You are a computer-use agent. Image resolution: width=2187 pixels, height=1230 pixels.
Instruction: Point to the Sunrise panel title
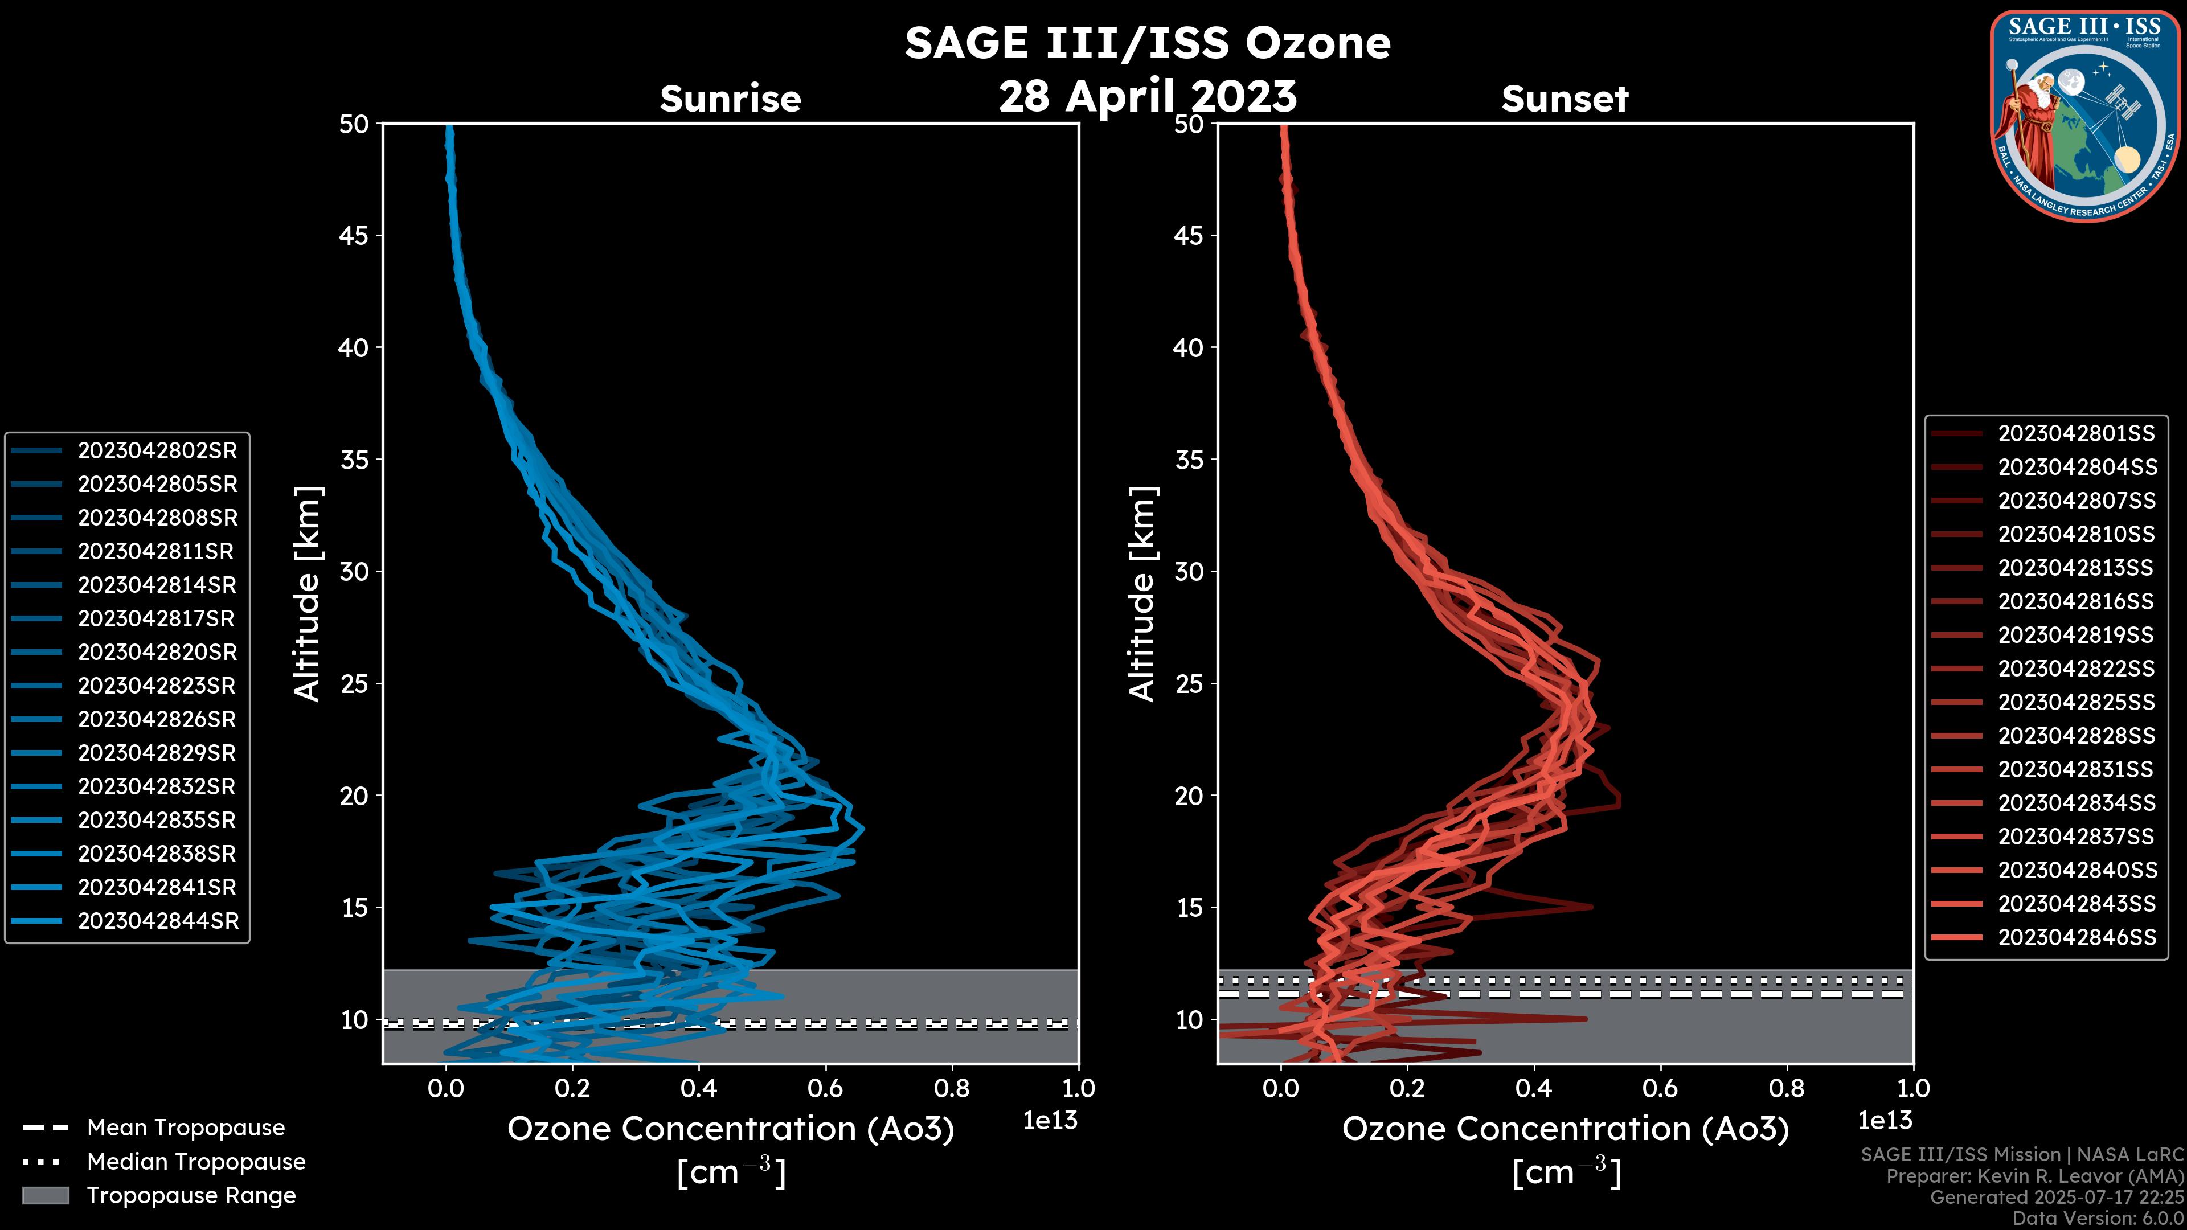pyautogui.click(x=730, y=99)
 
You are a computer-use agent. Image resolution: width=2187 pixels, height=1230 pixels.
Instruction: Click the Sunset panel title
pyautogui.click(x=1565, y=99)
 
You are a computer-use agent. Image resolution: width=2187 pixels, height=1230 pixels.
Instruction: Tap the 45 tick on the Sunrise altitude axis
pyautogui.click(x=354, y=235)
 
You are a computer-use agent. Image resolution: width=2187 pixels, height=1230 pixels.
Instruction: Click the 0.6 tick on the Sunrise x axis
pyautogui.click(x=825, y=1088)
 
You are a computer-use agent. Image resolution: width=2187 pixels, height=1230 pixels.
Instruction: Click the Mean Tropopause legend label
pyautogui.click(x=186, y=1128)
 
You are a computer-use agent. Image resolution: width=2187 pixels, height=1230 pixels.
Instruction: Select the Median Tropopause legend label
pyautogui.click(x=196, y=1162)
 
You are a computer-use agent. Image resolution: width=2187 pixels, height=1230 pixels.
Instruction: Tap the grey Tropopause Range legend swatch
pyautogui.click(x=45, y=1196)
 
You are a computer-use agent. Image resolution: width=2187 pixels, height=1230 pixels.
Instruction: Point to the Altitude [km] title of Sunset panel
pyautogui.click(x=1142, y=593)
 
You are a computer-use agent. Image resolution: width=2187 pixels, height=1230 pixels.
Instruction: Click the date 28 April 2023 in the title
pyautogui.click(x=1147, y=96)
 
